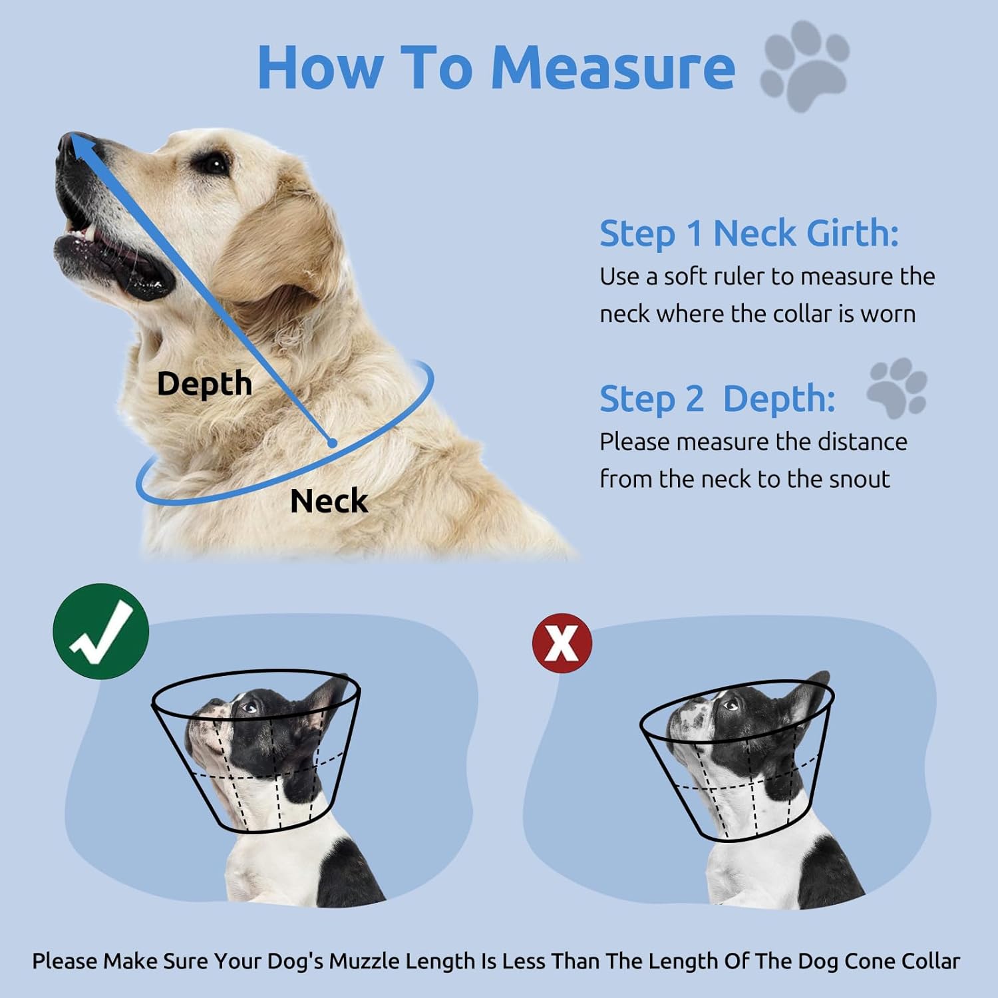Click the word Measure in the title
point(613,68)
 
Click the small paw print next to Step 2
point(897,387)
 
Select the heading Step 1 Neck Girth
point(748,234)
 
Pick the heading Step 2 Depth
point(717,399)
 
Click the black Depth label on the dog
point(204,384)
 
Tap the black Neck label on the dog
point(329,501)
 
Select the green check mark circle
point(101,631)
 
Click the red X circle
point(562,643)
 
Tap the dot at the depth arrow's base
point(332,442)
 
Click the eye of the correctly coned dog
point(249,707)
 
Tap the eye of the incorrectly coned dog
point(730,703)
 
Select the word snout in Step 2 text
point(859,479)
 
